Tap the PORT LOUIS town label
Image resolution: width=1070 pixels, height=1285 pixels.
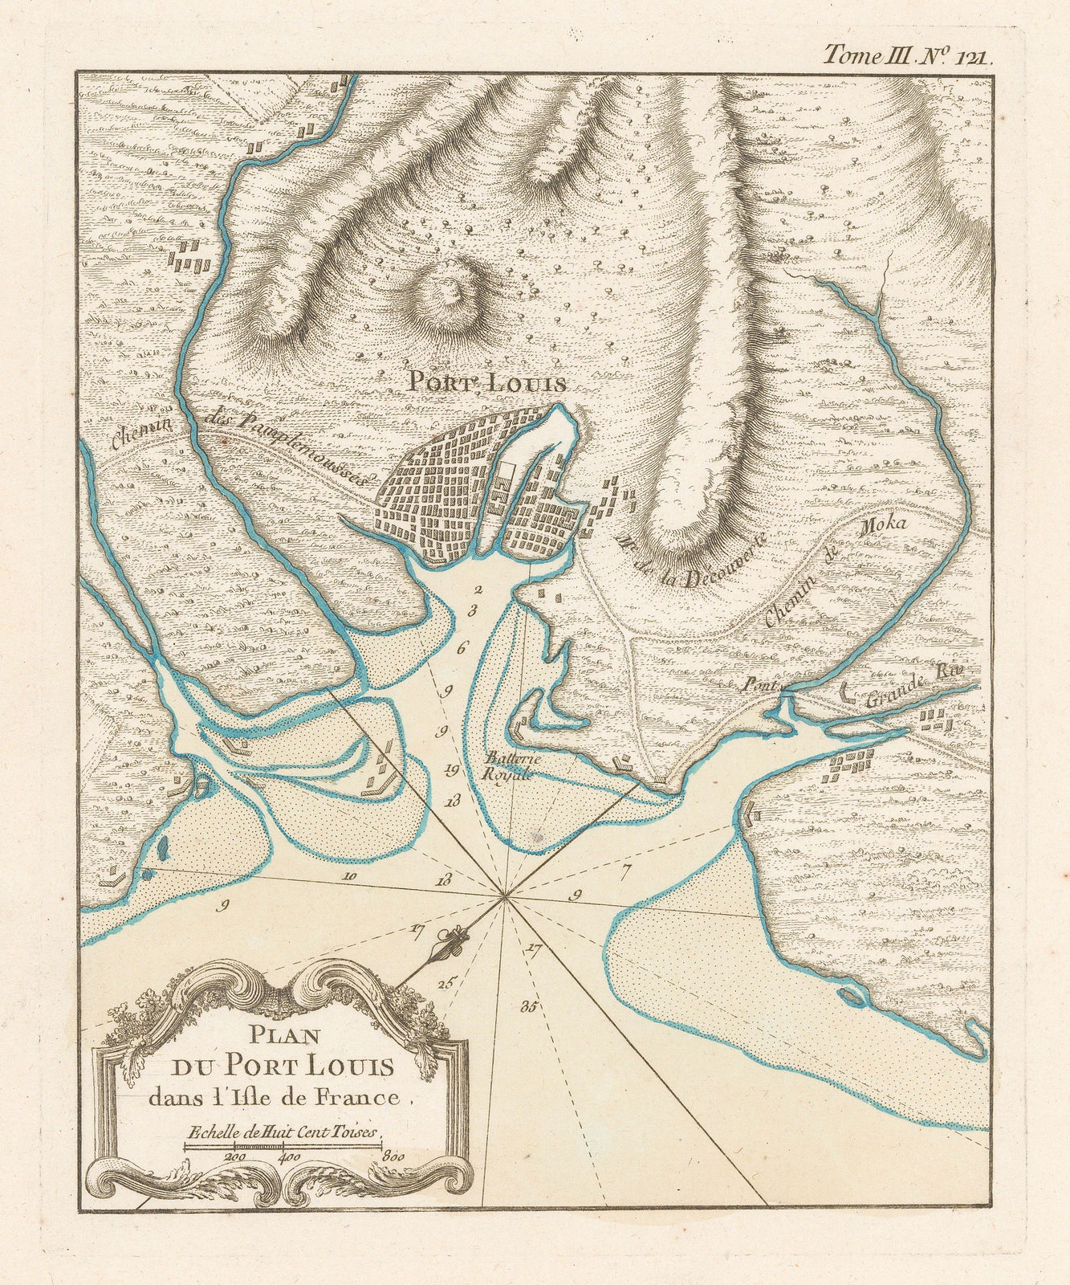486,382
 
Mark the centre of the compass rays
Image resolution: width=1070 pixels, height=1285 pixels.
504,896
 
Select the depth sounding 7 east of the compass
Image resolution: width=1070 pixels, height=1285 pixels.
627,868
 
